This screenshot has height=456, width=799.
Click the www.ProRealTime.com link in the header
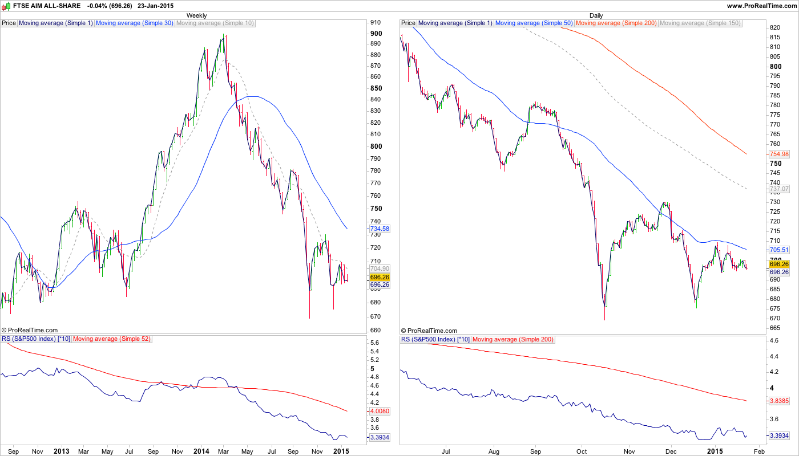pos(761,6)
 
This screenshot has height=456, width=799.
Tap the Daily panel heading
pos(596,15)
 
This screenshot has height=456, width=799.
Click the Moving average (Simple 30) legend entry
pos(135,23)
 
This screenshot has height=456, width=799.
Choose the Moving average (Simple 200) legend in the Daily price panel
pos(616,23)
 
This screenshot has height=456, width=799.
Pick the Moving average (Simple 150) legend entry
pos(700,23)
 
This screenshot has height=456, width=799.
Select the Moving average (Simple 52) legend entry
pos(112,339)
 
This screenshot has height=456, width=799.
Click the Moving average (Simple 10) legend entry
pos(215,23)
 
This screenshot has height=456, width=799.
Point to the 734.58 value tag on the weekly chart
pos(380,229)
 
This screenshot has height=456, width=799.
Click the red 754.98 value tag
pos(779,154)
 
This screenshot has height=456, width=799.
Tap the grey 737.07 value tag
pos(779,189)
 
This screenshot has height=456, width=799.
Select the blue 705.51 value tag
pos(779,250)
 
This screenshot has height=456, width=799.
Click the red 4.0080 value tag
pos(380,410)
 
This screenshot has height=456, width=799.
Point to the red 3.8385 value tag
pos(779,401)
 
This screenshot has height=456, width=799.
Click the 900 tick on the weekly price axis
pos(376,33)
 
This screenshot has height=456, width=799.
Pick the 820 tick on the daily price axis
pos(774,27)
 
